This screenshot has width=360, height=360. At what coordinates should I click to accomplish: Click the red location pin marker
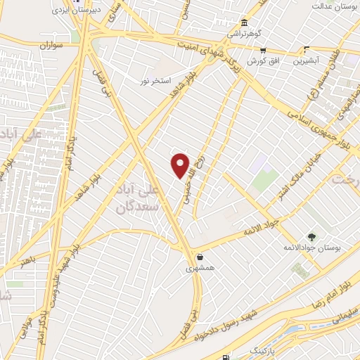point(181,165)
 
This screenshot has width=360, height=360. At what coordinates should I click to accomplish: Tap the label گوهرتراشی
point(242,33)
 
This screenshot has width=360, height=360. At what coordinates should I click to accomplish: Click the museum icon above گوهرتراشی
point(243,22)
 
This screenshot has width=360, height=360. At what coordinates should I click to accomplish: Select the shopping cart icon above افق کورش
point(263,50)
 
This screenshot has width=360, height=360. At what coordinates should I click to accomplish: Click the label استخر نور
point(155,82)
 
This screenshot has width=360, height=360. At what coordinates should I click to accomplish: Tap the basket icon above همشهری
point(201,257)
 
